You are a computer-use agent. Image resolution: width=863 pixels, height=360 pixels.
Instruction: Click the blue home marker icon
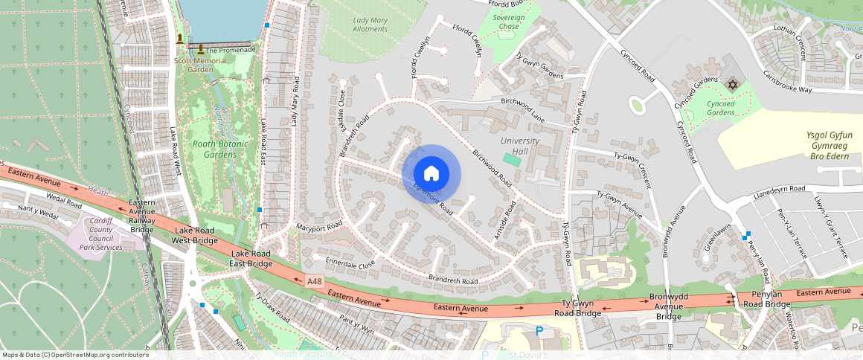431,173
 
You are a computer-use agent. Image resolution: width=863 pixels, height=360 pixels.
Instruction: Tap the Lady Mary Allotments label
370,24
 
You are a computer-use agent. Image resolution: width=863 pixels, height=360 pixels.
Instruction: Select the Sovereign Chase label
508,22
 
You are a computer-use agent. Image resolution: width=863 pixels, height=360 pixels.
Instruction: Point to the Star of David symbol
732,86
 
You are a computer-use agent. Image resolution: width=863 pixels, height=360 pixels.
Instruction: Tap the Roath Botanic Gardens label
214,149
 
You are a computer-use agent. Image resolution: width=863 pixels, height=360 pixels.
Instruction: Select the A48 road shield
314,281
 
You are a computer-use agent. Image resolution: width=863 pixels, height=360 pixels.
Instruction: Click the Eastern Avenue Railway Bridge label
142,216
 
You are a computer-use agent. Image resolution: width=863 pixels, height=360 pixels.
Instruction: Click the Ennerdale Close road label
350,263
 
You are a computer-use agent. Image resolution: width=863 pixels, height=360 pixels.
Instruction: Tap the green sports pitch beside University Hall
512,159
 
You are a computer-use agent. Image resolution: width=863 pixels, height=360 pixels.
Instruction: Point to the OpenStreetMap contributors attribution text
75,355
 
